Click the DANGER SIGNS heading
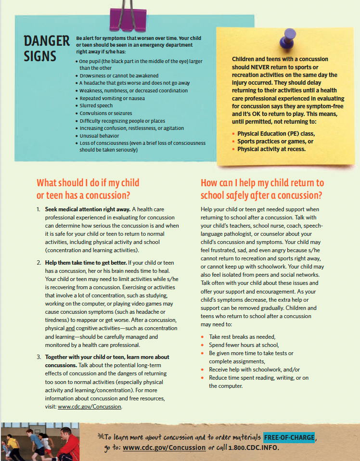pyautogui.click(x=47, y=49)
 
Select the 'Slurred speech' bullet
pyautogui.click(x=96, y=105)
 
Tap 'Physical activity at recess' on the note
pyautogui.click(x=271, y=149)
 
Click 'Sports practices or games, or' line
pyautogui.click(x=275, y=141)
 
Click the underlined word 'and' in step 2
pyautogui.click(x=70, y=329)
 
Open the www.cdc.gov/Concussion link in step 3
pyautogui.click(x=89, y=407)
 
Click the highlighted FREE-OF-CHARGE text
pyautogui.click(x=289, y=437)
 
